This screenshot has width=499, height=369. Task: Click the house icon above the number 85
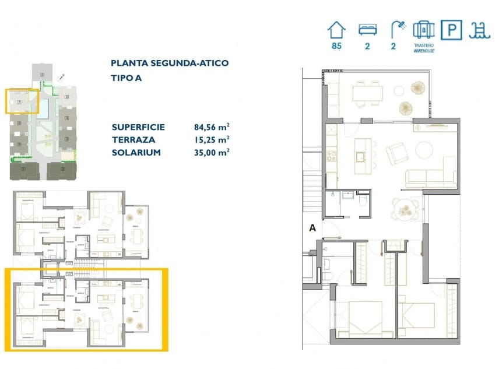click(336, 29)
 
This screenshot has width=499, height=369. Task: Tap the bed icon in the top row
click(367, 29)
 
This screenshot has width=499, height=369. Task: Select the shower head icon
click(398, 28)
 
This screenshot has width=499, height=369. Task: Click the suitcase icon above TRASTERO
click(423, 29)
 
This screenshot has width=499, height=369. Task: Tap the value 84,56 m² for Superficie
click(211, 127)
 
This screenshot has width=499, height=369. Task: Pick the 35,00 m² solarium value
click(211, 152)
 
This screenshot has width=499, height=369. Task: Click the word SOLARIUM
click(136, 152)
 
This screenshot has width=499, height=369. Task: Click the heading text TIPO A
click(126, 77)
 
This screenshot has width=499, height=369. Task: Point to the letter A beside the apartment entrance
click(312, 229)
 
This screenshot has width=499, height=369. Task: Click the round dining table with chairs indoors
click(403, 207)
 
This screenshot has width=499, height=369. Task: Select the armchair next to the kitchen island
click(398, 154)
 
